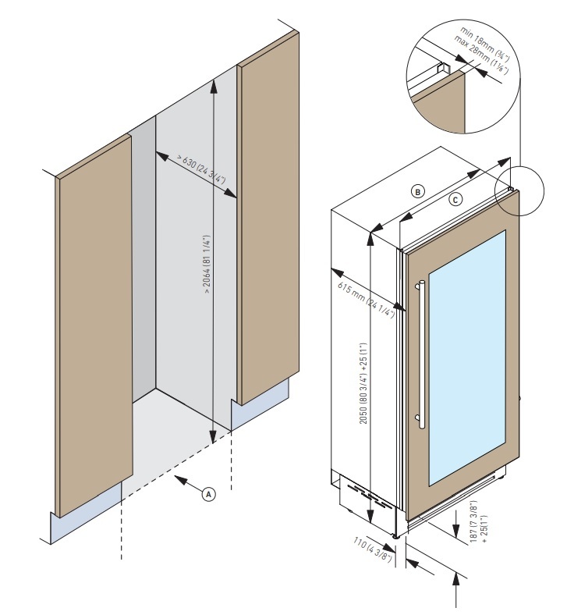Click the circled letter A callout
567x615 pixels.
coord(208,494)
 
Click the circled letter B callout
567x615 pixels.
coord(418,192)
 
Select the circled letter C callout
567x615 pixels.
coord(455,200)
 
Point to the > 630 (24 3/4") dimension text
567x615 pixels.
coord(200,169)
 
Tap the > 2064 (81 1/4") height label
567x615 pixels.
coord(206,265)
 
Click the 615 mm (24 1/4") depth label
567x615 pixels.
coord(366,300)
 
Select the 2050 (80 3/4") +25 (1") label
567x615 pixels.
coord(364,383)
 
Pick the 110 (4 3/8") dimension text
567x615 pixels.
coord(372,550)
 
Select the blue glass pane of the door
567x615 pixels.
coord(467,357)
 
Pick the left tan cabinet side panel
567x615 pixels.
coord(94,325)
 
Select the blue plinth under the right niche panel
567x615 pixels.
coord(260,405)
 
